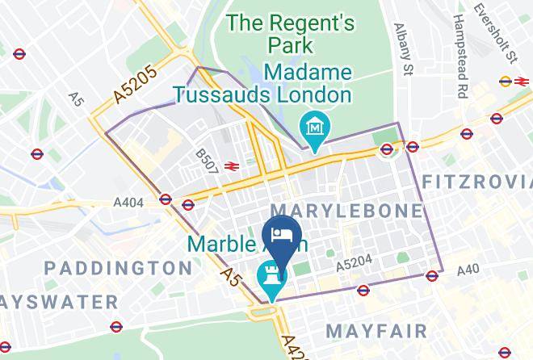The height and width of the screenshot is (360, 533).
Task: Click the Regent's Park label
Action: (290, 35)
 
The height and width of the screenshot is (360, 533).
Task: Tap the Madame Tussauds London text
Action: (264, 84)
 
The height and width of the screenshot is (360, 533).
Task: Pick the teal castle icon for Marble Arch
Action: (269, 276)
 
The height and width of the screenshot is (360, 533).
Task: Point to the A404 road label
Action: (128, 203)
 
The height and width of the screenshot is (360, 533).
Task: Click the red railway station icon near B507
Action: (231, 166)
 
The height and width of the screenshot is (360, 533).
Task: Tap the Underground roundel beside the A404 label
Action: (166, 199)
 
